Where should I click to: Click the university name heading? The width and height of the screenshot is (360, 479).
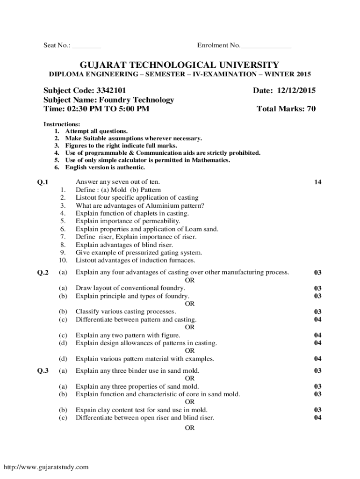coord(180,65)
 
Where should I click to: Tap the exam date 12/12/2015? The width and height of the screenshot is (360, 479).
coord(296,90)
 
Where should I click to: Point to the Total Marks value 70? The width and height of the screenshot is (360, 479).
coord(311,109)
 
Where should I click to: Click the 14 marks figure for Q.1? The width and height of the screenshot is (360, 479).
coord(318,182)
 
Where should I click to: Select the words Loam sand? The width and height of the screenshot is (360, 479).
coord(203,229)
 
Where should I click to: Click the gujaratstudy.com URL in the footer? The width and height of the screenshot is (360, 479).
coord(46,467)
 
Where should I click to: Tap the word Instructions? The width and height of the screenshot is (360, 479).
coord(62,124)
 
